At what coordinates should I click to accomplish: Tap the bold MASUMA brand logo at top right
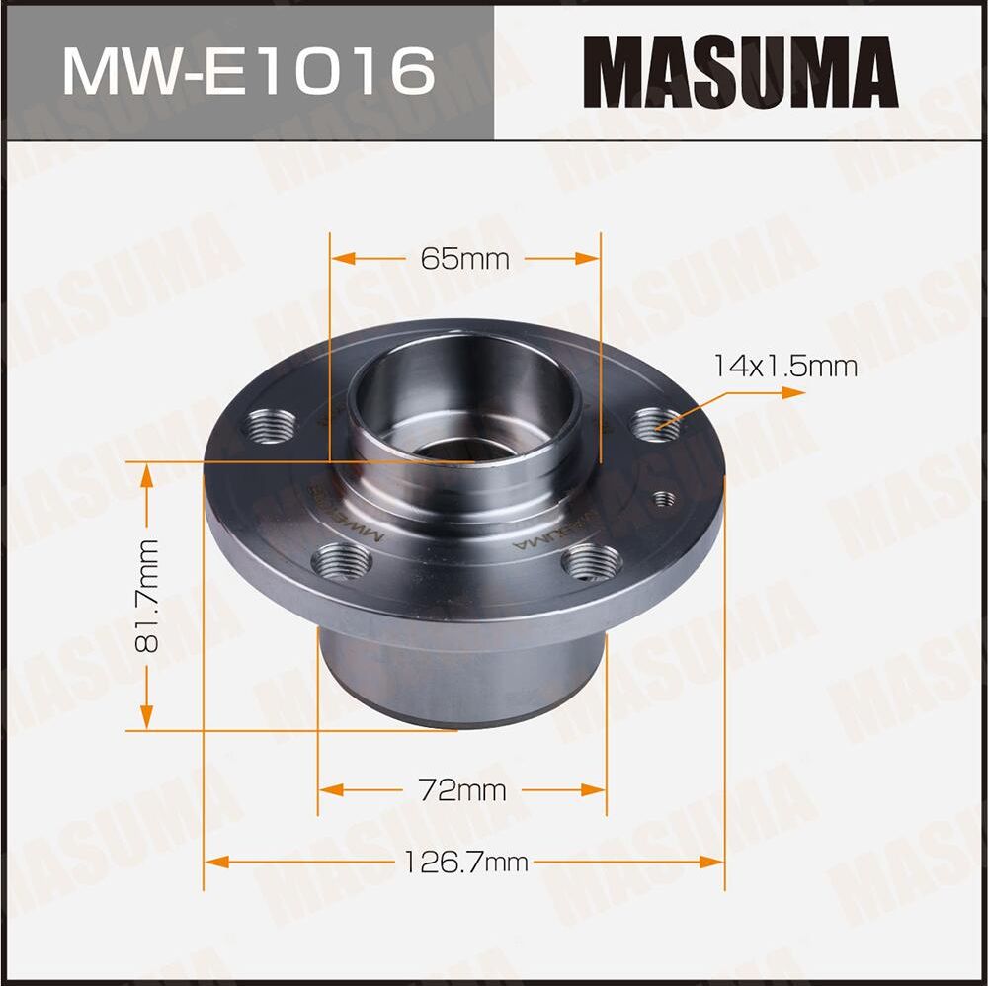pyautogui.click(x=740, y=71)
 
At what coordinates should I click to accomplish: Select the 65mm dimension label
pyautogui.click(x=464, y=259)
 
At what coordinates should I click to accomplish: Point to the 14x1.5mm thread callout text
pyautogui.click(x=785, y=367)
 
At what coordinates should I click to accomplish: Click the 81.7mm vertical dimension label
pyautogui.click(x=148, y=597)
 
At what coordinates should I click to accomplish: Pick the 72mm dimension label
pyautogui.click(x=462, y=790)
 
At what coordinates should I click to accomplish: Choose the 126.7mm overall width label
pyautogui.click(x=464, y=863)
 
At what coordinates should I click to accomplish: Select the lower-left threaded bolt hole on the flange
pyautogui.click(x=342, y=563)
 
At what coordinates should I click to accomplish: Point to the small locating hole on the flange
pyautogui.click(x=665, y=499)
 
